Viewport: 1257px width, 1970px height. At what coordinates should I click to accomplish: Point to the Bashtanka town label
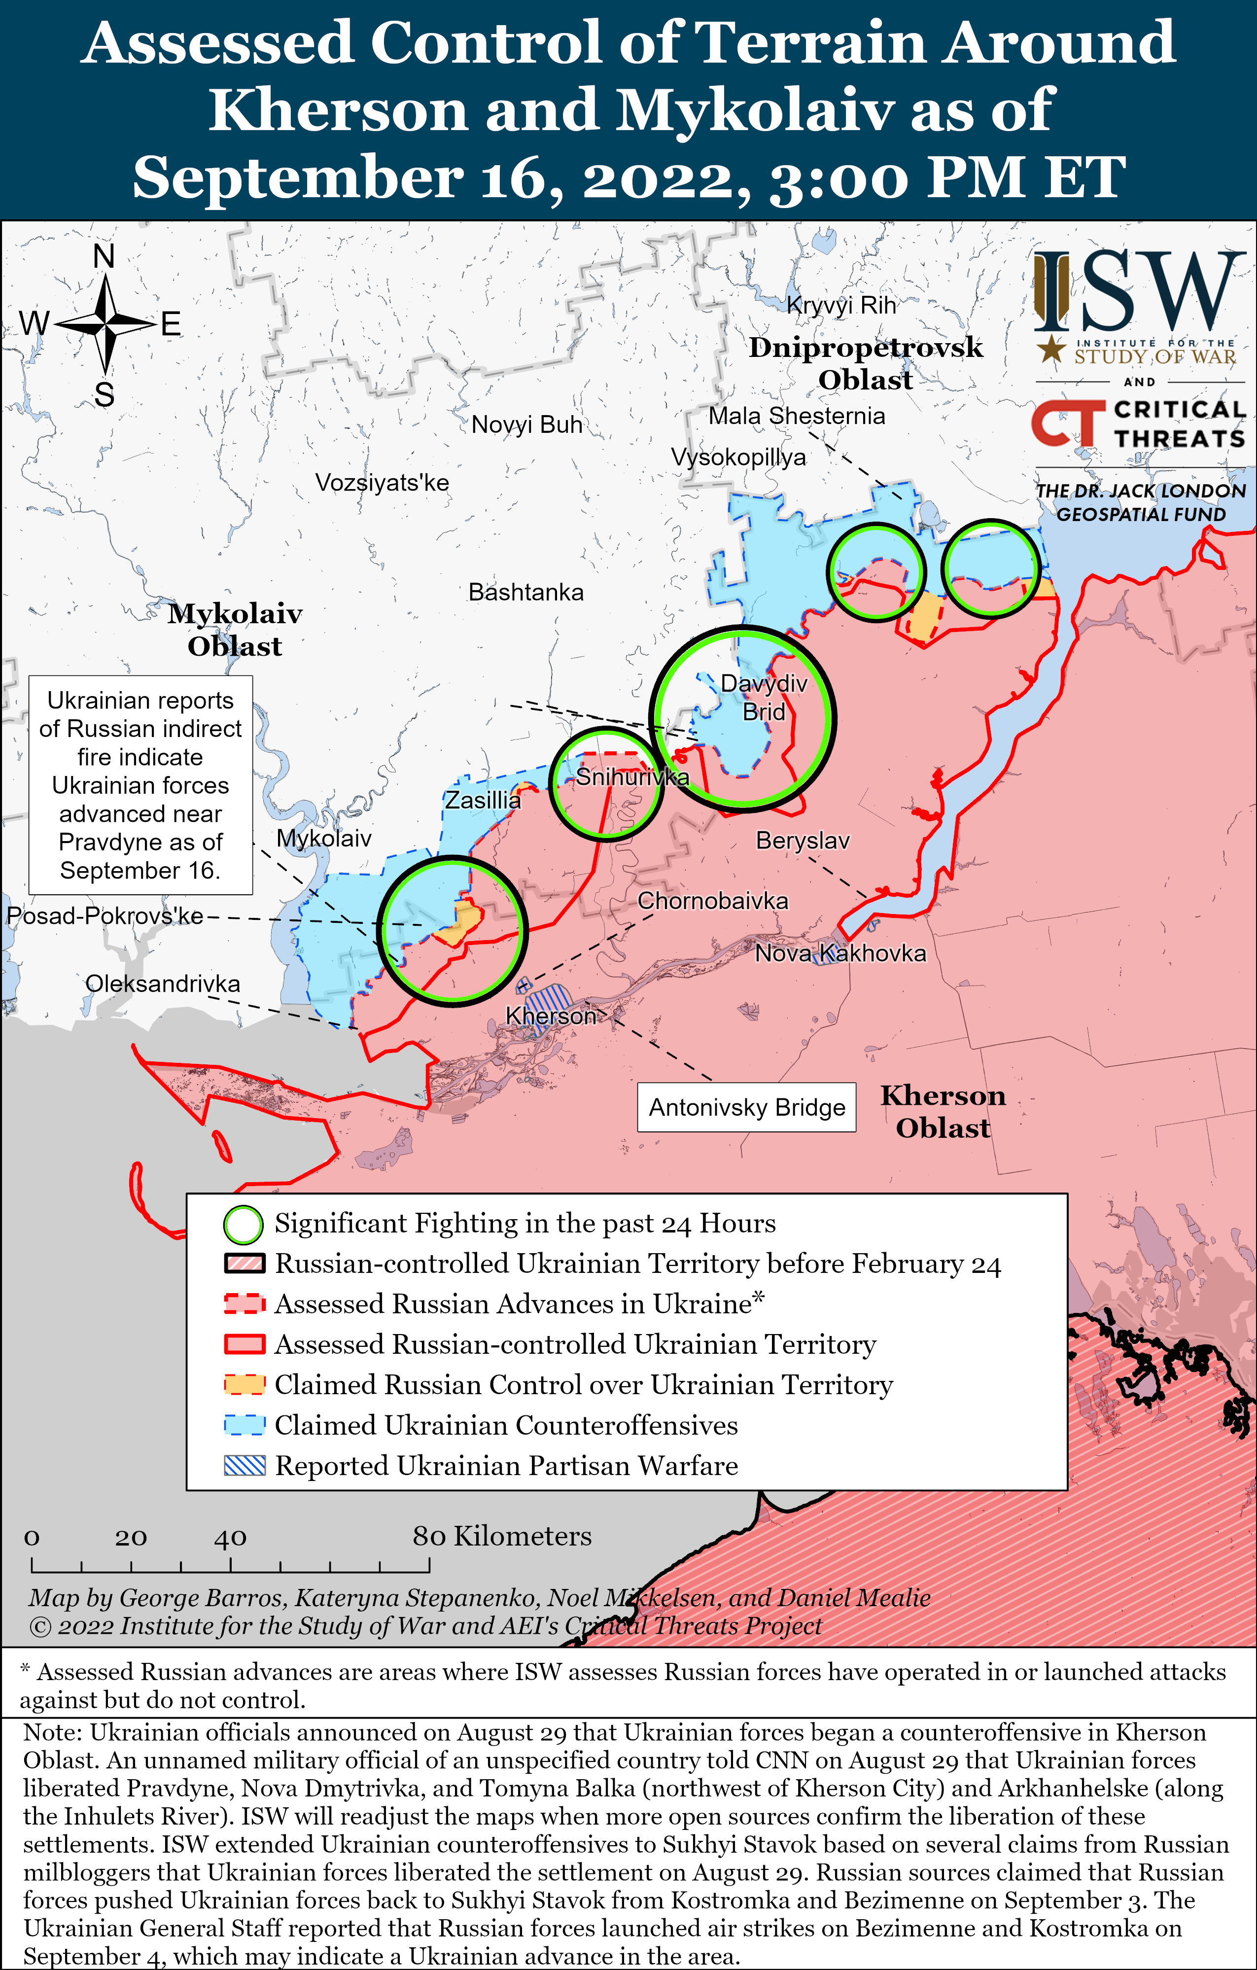[x=526, y=592]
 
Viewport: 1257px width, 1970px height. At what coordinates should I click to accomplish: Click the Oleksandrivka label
[x=163, y=984]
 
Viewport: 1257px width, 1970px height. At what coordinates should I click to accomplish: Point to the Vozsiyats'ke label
[x=382, y=483]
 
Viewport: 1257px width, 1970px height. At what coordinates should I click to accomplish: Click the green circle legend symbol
[x=243, y=1225]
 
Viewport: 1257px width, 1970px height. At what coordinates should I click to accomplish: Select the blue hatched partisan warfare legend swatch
[x=244, y=1465]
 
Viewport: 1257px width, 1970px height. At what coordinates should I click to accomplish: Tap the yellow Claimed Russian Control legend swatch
[x=244, y=1384]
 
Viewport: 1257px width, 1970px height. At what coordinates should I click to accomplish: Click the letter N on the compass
[x=104, y=257]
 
